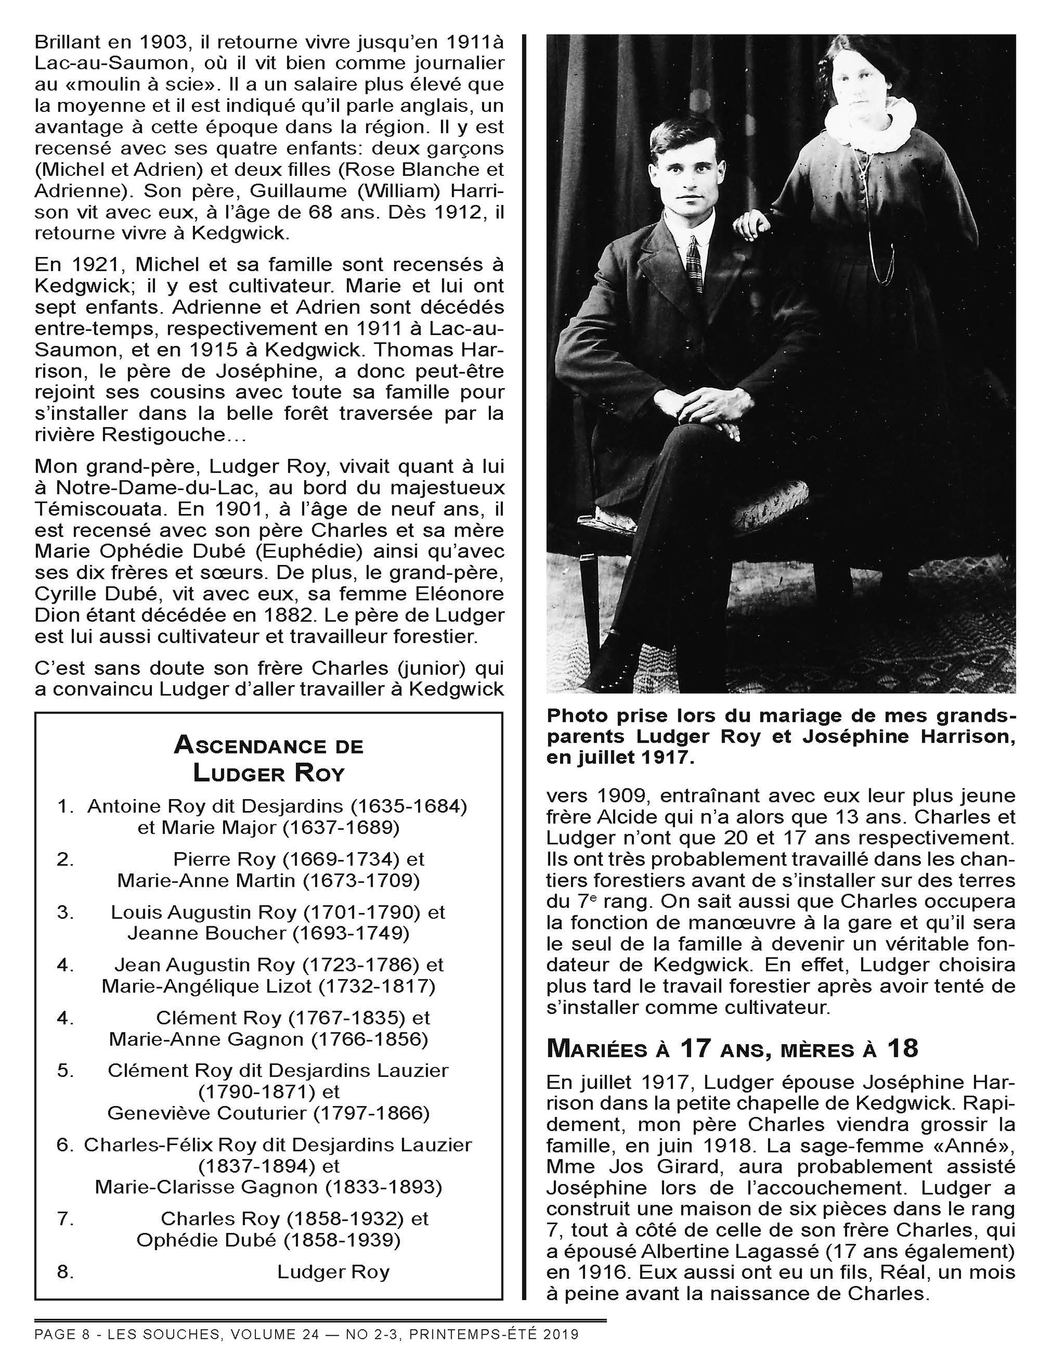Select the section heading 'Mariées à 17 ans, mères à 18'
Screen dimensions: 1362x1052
pyautogui.click(x=732, y=1049)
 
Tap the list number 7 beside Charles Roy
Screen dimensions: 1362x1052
pyautogui.click(x=66, y=1218)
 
